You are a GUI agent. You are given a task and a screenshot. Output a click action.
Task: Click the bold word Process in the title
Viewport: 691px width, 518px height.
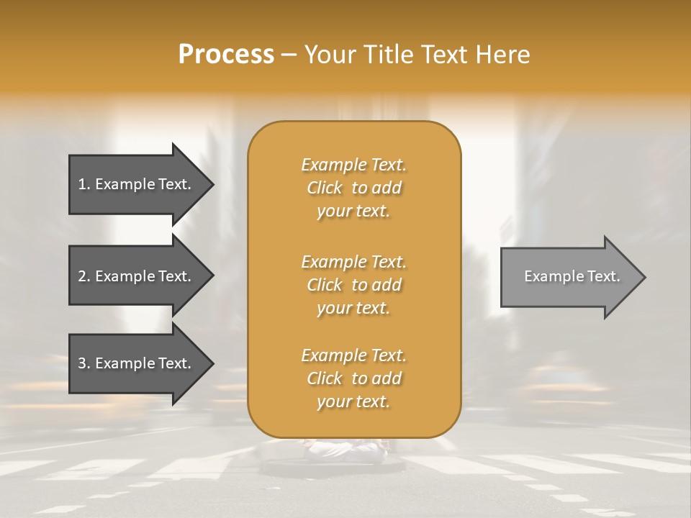(x=226, y=55)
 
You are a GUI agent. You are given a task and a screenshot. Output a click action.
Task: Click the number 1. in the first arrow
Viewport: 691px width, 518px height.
(x=83, y=184)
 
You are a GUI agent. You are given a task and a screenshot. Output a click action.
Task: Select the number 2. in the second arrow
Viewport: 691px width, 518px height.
(x=83, y=276)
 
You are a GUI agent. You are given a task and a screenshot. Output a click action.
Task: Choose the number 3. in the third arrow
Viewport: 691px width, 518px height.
(x=83, y=363)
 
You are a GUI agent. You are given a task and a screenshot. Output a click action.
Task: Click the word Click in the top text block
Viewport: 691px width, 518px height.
(x=325, y=188)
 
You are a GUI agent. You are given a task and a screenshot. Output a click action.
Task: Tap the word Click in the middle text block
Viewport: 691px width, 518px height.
(x=325, y=285)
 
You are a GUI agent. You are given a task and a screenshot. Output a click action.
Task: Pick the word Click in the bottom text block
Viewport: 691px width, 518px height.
(x=325, y=378)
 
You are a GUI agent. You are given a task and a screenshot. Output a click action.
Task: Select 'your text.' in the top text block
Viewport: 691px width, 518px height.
(x=353, y=212)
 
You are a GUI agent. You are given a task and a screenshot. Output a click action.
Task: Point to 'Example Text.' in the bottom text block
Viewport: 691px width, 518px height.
(x=353, y=355)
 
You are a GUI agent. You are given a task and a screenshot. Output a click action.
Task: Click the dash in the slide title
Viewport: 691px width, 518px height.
(x=289, y=55)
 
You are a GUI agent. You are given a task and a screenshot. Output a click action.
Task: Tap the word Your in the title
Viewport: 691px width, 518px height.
(x=329, y=55)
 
